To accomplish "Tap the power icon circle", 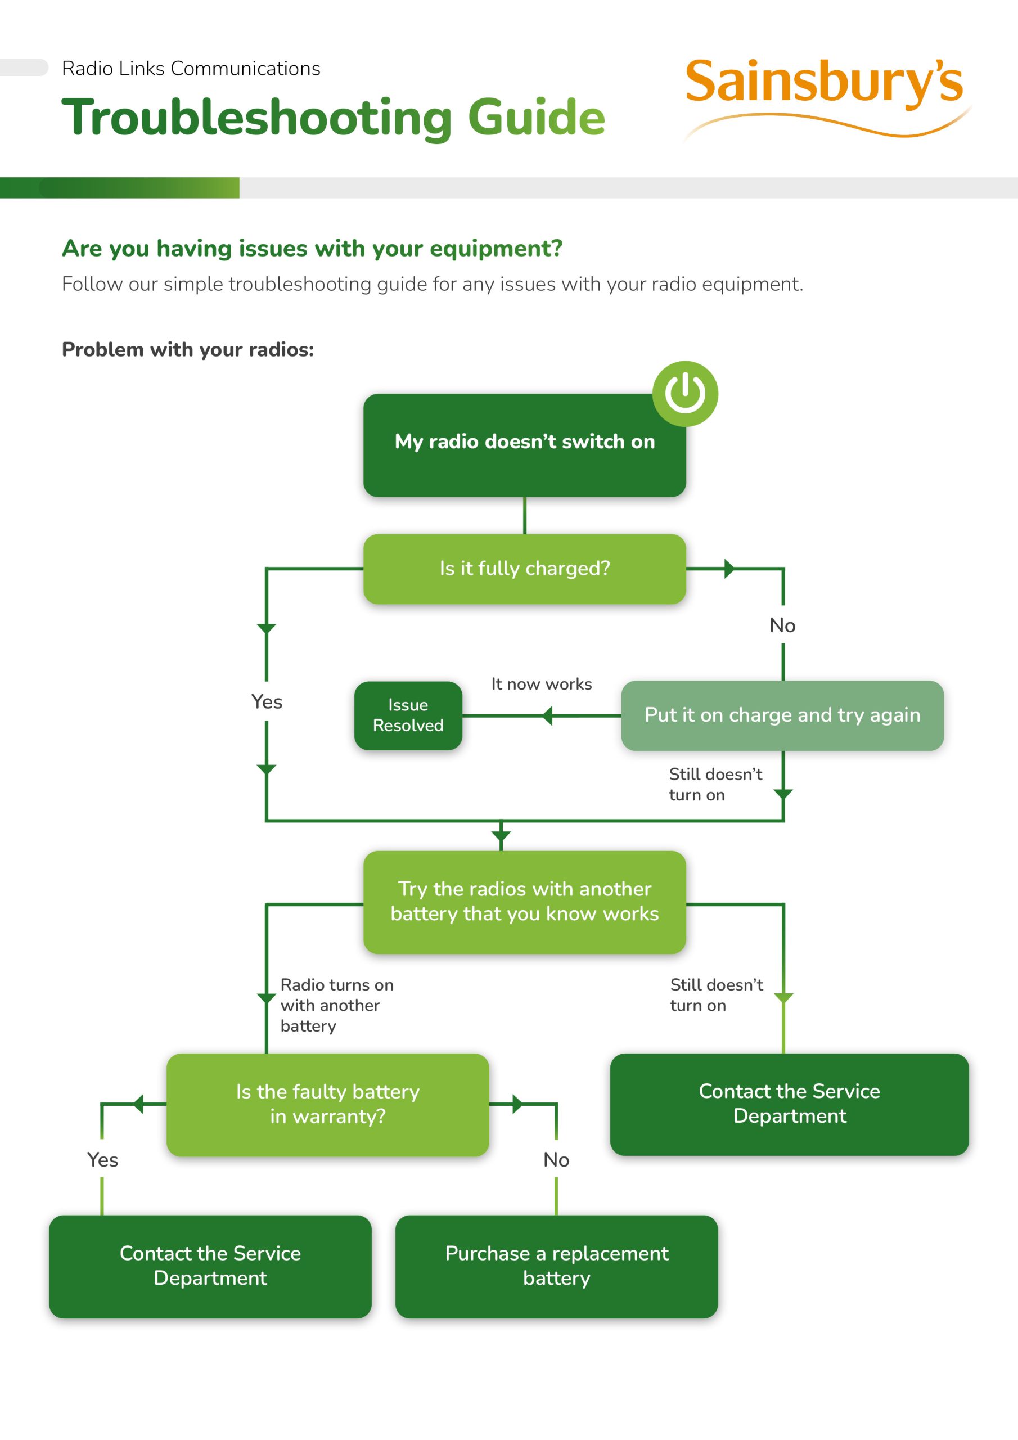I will coord(685,394).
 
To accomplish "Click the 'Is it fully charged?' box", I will coord(524,569).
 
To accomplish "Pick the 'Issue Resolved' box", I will coord(408,715).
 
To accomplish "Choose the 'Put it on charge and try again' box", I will coord(782,715).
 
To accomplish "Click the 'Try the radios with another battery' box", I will coord(524,902).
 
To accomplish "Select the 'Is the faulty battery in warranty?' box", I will coord(327,1104).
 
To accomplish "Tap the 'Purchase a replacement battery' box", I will coord(556,1266).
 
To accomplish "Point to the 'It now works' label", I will coord(541,684).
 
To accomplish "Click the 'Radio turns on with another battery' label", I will coord(336,1005).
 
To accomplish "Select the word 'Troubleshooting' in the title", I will coord(256,119).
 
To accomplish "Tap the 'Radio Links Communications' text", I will coord(191,69).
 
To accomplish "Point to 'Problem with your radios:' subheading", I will coord(187,349).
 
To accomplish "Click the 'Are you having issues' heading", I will coord(312,249).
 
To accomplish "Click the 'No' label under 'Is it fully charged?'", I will coord(782,625).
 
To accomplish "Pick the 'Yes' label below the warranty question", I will coord(103,1160).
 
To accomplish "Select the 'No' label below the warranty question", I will coord(556,1160).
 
